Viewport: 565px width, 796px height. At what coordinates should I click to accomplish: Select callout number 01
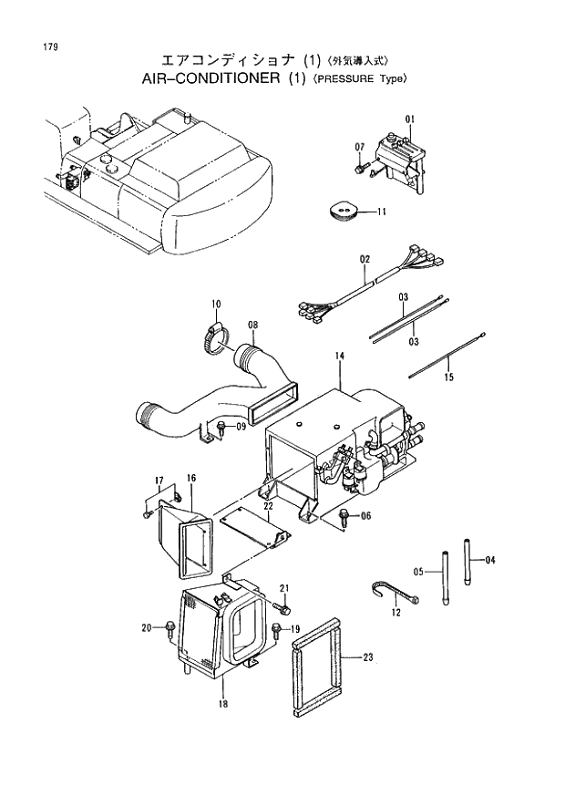coord(410,119)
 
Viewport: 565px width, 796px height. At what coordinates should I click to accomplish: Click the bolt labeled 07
coord(362,168)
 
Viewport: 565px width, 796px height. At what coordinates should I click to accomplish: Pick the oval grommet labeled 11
coord(343,212)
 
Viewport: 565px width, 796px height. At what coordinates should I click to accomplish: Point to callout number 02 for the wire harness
coord(365,260)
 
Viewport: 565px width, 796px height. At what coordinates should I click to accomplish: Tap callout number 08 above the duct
coord(253,325)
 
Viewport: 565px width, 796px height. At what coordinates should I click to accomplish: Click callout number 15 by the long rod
coord(448,376)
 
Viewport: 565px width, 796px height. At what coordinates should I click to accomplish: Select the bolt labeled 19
coord(276,629)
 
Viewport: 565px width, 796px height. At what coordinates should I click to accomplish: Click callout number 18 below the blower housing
coord(222,704)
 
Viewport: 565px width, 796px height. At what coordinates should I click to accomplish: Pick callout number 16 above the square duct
coord(191,478)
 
